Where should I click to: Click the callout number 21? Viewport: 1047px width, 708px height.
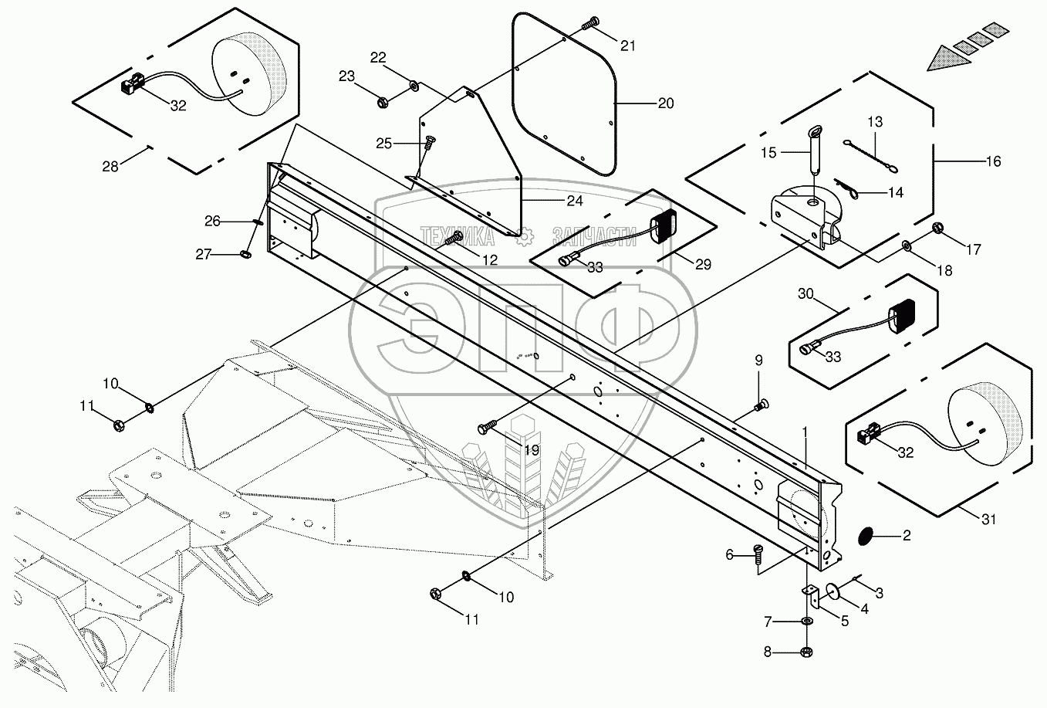tap(628, 46)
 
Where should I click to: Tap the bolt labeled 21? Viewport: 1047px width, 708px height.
tap(591, 22)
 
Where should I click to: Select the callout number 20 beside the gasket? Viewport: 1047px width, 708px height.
tap(666, 103)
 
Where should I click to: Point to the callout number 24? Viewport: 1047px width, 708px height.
tap(575, 201)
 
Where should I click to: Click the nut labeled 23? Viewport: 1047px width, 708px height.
tap(382, 102)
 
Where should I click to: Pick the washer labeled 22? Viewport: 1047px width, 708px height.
tap(414, 85)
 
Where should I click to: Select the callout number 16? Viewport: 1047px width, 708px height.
tap(993, 161)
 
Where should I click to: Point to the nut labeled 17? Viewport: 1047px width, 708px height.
tap(937, 229)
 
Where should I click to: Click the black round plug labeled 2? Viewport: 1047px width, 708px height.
tap(866, 536)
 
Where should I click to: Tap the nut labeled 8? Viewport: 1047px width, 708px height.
tap(806, 652)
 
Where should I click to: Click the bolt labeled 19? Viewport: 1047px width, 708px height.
tap(488, 426)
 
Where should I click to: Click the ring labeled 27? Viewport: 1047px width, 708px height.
tap(245, 254)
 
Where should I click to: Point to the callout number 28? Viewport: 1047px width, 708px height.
tap(110, 166)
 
